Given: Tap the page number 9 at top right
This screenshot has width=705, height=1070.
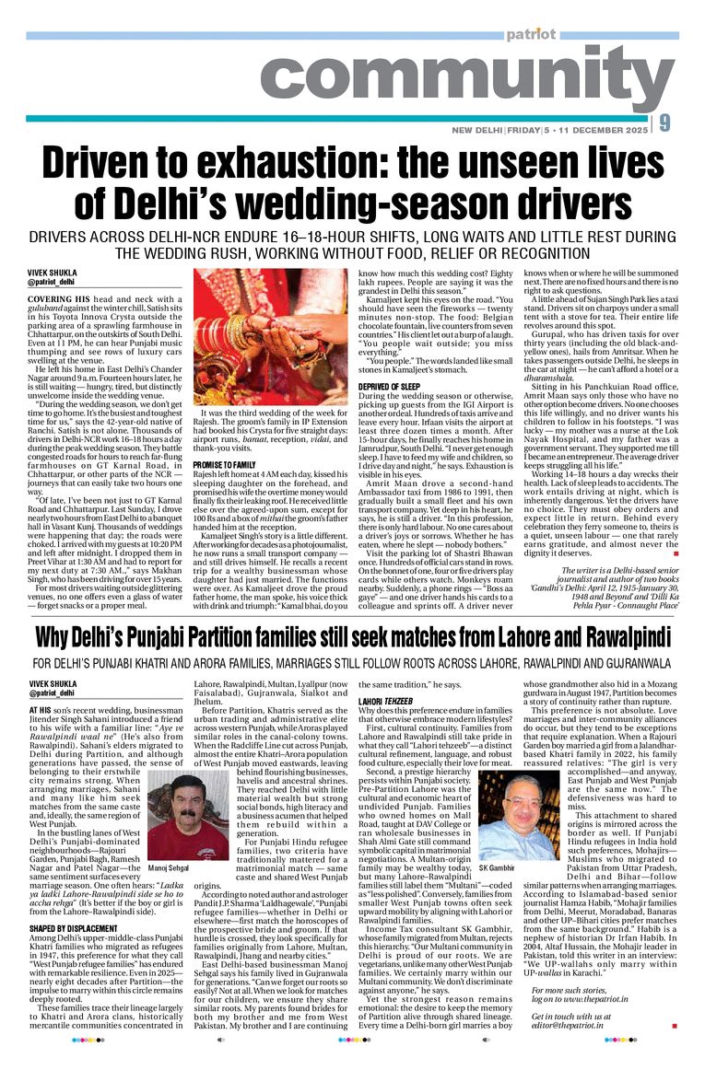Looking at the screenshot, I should click(x=690, y=122).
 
